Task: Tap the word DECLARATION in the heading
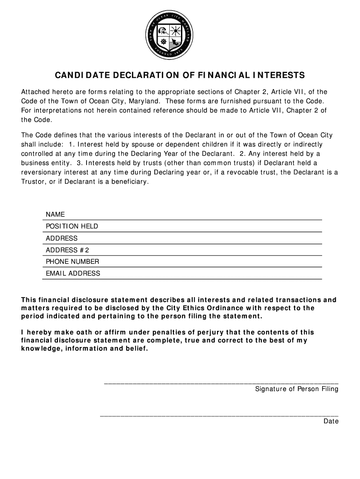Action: point(139,75)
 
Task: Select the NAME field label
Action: point(55,214)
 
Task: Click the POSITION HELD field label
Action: point(72,226)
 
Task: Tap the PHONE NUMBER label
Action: point(72,261)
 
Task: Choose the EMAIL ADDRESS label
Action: point(73,273)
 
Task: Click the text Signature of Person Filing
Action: point(296,389)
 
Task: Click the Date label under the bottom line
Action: point(331,421)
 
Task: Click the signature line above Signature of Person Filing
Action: point(221,384)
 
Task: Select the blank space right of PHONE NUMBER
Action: point(210,261)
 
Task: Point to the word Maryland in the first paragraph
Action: point(142,101)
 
